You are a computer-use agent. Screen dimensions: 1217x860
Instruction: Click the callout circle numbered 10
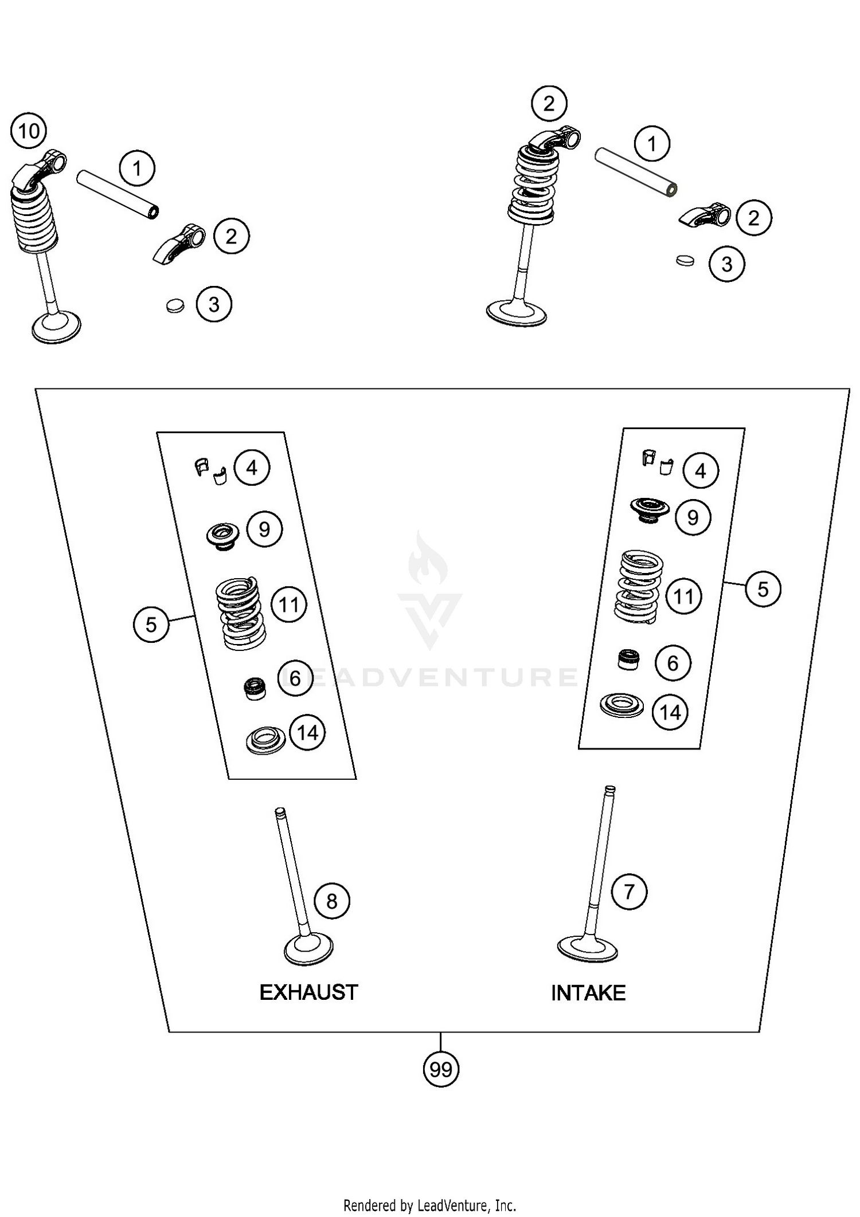click(29, 131)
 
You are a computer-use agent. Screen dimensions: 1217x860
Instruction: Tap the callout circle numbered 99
click(441, 1069)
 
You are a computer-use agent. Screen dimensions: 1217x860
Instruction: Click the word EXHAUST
click(308, 992)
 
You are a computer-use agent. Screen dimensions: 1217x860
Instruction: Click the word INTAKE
click(588, 993)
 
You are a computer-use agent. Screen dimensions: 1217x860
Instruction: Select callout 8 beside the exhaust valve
click(332, 901)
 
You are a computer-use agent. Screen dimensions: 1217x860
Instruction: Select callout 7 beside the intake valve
click(629, 892)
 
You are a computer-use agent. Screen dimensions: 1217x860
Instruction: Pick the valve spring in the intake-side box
click(638, 587)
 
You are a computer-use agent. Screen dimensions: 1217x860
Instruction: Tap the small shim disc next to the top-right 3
click(685, 260)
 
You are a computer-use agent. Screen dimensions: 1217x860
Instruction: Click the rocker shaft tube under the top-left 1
click(118, 193)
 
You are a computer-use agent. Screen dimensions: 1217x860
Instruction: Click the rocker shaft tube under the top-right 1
click(635, 171)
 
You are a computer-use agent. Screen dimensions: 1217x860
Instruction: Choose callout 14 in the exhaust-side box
click(307, 732)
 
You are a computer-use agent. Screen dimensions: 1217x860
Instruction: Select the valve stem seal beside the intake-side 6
click(629, 659)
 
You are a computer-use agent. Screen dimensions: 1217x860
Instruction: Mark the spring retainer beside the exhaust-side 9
click(223, 535)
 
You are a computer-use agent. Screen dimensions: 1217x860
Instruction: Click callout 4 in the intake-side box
click(700, 471)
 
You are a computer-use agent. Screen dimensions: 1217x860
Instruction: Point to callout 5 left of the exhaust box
click(151, 624)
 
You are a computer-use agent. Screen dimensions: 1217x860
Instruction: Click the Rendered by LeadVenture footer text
click(429, 1206)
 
